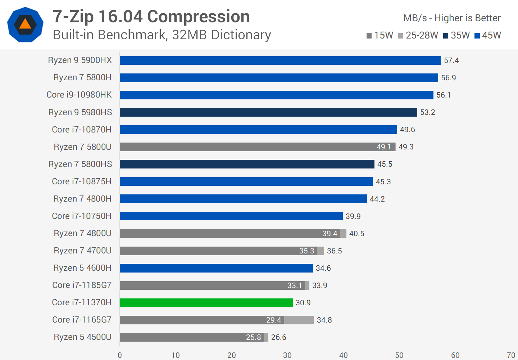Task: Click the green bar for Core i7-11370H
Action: pyautogui.click(x=206, y=303)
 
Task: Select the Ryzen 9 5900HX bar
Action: pyautogui.click(x=280, y=60)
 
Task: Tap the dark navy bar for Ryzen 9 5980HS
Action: pyautogui.click(x=268, y=112)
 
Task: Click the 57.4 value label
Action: pyautogui.click(x=451, y=60)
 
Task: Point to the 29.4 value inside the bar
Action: pyautogui.click(x=273, y=320)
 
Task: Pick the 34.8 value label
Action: pyautogui.click(x=324, y=320)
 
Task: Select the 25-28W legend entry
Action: pyautogui.click(x=418, y=35)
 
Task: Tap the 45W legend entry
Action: pyautogui.click(x=488, y=35)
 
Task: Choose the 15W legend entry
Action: pyautogui.click(x=380, y=35)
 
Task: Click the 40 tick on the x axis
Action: pyautogui.click(x=343, y=355)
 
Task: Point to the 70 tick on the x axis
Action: pyautogui.click(x=511, y=355)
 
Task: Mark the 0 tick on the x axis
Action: pyautogui.click(x=120, y=355)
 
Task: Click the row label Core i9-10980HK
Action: pyautogui.click(x=79, y=95)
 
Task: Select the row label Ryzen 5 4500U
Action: pyautogui.click(x=82, y=337)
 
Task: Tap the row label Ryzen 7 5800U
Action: pyautogui.click(x=82, y=147)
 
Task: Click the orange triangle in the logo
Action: pyautogui.click(x=25, y=24)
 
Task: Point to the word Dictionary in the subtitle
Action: pyautogui.click(x=241, y=35)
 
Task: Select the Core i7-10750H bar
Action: pyautogui.click(x=231, y=216)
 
